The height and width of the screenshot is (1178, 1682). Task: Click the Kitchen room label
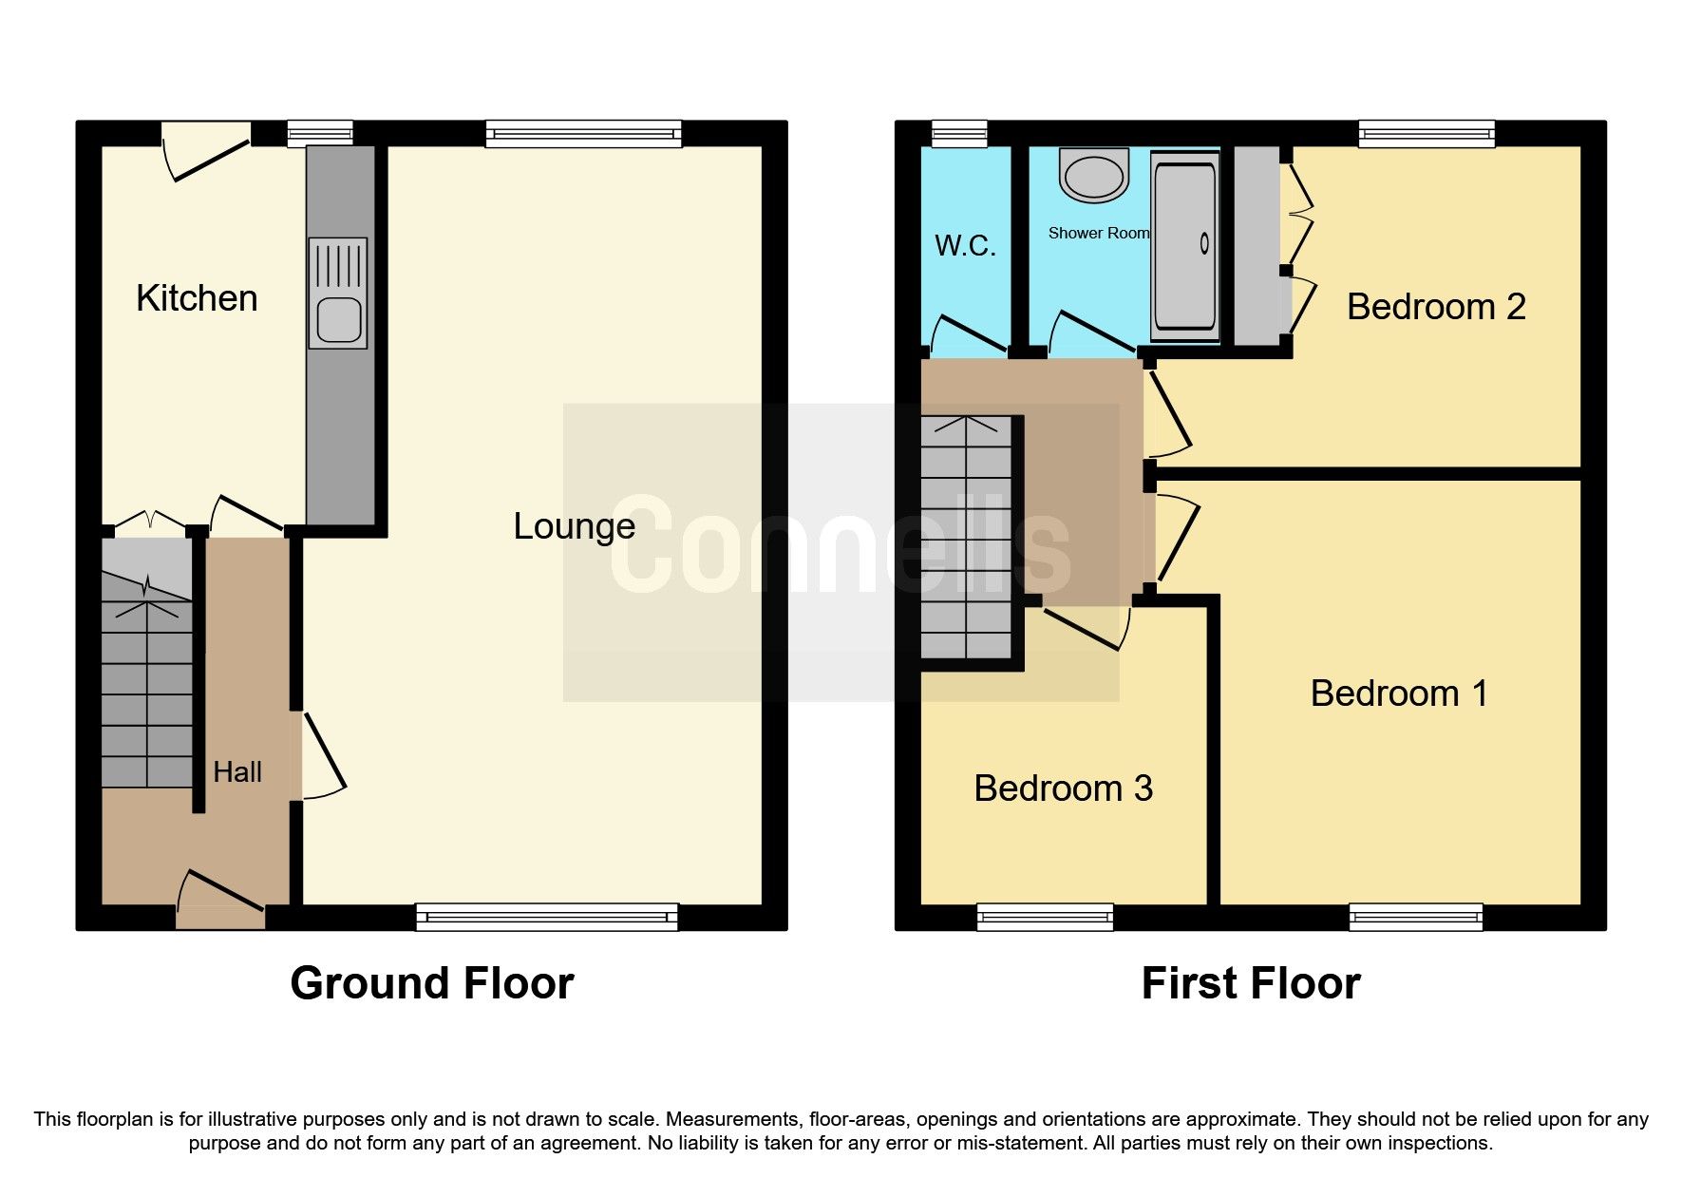click(197, 298)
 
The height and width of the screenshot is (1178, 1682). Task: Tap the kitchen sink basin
click(338, 321)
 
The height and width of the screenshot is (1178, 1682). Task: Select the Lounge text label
click(574, 526)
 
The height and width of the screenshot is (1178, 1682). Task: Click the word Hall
click(237, 772)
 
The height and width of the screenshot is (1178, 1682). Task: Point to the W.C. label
click(965, 246)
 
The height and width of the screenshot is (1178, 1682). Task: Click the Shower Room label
click(1098, 233)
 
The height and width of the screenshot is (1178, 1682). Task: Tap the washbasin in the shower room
click(1093, 176)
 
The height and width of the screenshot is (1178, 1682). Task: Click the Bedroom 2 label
click(1435, 307)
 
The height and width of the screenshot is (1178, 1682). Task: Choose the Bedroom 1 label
click(1398, 693)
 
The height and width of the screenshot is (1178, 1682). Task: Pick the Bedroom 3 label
click(1063, 788)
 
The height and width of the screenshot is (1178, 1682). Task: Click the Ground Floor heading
click(432, 983)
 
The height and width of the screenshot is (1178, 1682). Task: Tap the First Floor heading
click(1250, 983)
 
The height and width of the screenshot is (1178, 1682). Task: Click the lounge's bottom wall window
click(547, 917)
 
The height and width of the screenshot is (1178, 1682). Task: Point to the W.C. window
click(959, 134)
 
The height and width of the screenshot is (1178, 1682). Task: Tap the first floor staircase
click(967, 537)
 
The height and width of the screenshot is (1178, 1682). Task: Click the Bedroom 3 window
click(1045, 917)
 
